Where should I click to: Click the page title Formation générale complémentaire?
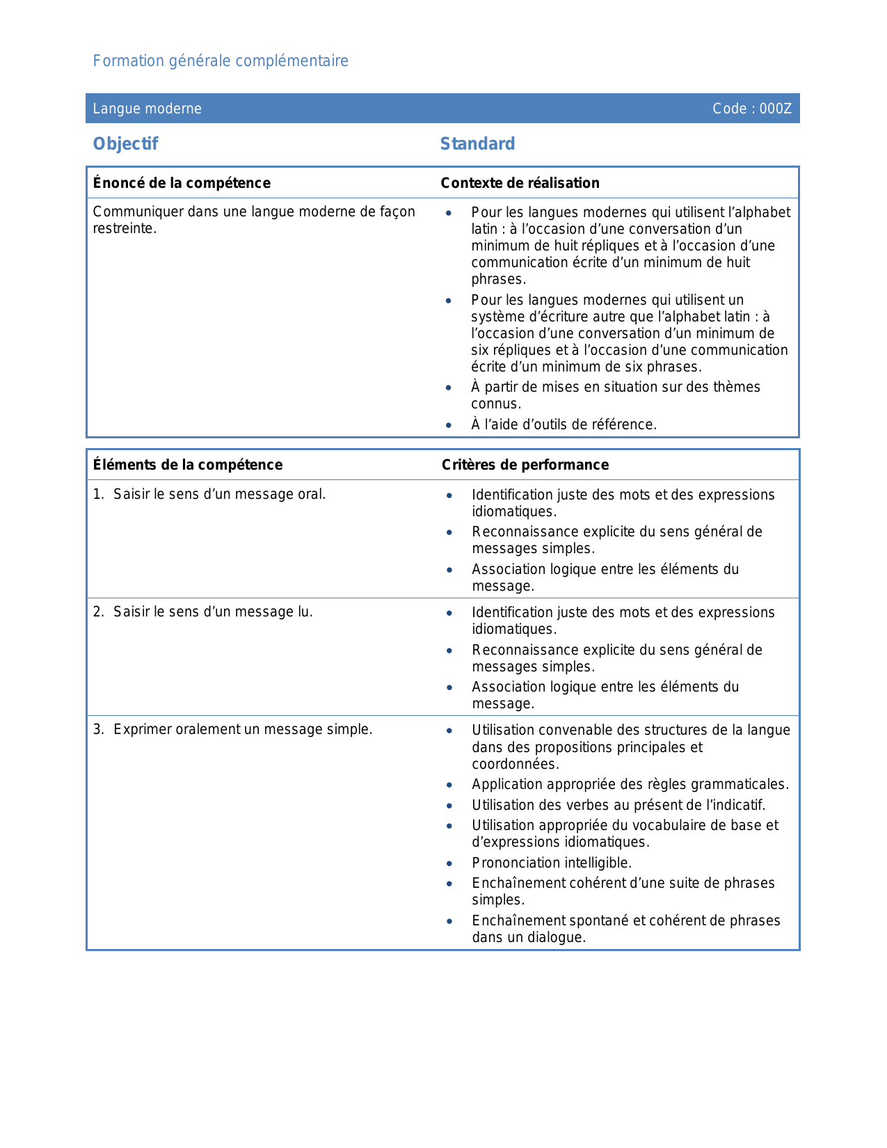coord(221,61)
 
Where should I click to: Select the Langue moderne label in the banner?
coord(147,109)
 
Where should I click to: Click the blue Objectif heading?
coord(126,144)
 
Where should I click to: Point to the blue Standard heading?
coord(477,144)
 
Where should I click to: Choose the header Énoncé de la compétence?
coord(182,183)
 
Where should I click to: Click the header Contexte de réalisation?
coord(520,183)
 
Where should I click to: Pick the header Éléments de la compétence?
coord(188,465)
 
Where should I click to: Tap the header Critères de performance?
coord(525,465)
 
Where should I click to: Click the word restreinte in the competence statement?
coord(124,229)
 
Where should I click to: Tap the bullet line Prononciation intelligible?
coord(552,863)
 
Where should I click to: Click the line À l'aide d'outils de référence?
coord(564,425)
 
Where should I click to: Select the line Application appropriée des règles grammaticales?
coord(630,785)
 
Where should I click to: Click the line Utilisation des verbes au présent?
coord(618,806)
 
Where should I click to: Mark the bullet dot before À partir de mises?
coord(449,388)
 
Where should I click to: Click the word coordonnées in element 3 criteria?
coord(515,765)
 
